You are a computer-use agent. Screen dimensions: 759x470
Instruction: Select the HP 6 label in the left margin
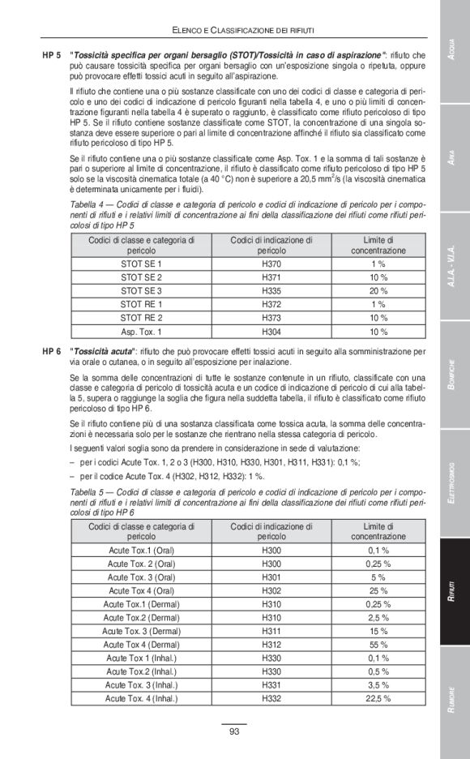[51, 353]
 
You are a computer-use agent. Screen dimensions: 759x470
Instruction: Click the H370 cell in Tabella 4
[271, 264]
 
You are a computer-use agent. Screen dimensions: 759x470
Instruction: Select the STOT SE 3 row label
[141, 290]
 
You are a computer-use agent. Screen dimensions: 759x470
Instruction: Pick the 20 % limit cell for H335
[378, 290]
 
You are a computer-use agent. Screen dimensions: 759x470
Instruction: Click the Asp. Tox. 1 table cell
[141, 331]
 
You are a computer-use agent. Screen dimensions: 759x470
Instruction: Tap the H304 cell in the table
[271, 331]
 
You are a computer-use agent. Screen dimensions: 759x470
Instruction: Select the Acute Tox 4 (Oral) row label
[141, 590]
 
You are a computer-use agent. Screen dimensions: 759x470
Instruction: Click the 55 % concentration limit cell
[378, 644]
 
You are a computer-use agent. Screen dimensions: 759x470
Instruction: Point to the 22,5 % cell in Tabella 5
[378, 697]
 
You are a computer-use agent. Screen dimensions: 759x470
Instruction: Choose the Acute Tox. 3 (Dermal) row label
[141, 631]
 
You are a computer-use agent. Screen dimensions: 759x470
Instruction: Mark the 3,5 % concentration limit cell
[378, 684]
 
